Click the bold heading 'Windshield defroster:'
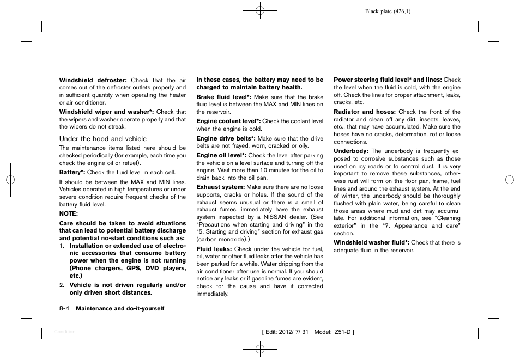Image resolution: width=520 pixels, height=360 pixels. click(93, 80)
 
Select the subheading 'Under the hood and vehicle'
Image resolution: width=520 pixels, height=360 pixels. click(102, 139)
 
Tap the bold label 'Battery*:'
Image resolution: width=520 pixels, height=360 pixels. click(72, 172)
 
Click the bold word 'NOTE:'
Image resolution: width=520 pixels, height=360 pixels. click(69, 213)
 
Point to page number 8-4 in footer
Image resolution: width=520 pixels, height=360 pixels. click(65, 308)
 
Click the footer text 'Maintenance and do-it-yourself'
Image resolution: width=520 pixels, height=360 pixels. click(120, 309)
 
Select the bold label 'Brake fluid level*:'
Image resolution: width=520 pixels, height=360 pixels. click(223, 97)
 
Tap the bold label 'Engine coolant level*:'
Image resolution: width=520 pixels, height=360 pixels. click(228, 121)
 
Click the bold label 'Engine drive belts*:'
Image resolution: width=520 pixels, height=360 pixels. click(225, 138)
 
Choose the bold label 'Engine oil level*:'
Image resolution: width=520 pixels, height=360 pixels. click(221, 156)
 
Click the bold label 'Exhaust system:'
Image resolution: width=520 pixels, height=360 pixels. click(220, 187)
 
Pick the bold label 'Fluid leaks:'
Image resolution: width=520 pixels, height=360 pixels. click(214, 249)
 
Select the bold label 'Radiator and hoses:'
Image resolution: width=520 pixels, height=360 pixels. click(365, 112)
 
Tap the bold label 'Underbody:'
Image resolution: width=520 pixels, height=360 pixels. click(350, 151)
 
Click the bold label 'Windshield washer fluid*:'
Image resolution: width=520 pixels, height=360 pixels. click(371, 243)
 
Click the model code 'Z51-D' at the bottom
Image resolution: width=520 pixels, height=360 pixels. click(341, 332)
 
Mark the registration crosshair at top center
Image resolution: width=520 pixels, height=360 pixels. click(260, 10)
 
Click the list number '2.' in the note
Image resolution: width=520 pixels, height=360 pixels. click(62, 285)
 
